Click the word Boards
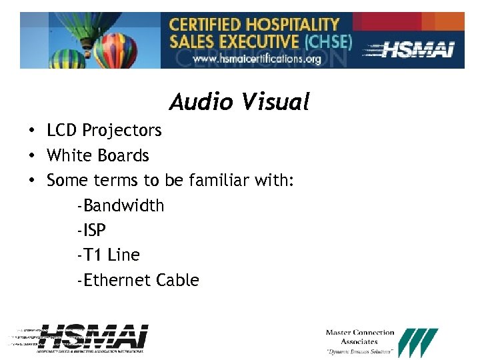pyautogui.click(x=123, y=155)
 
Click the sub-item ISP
pyautogui.click(x=91, y=230)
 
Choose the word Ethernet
pyautogui.click(x=115, y=280)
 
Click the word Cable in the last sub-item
pyautogui.click(x=177, y=280)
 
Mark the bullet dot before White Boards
pyautogui.click(x=32, y=156)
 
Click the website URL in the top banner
pyautogui.click(x=257, y=59)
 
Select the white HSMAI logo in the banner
pyautogui.click(x=416, y=50)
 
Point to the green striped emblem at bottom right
pyautogui.click(x=417, y=343)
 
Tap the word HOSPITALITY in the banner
pyautogui.click(x=288, y=25)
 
